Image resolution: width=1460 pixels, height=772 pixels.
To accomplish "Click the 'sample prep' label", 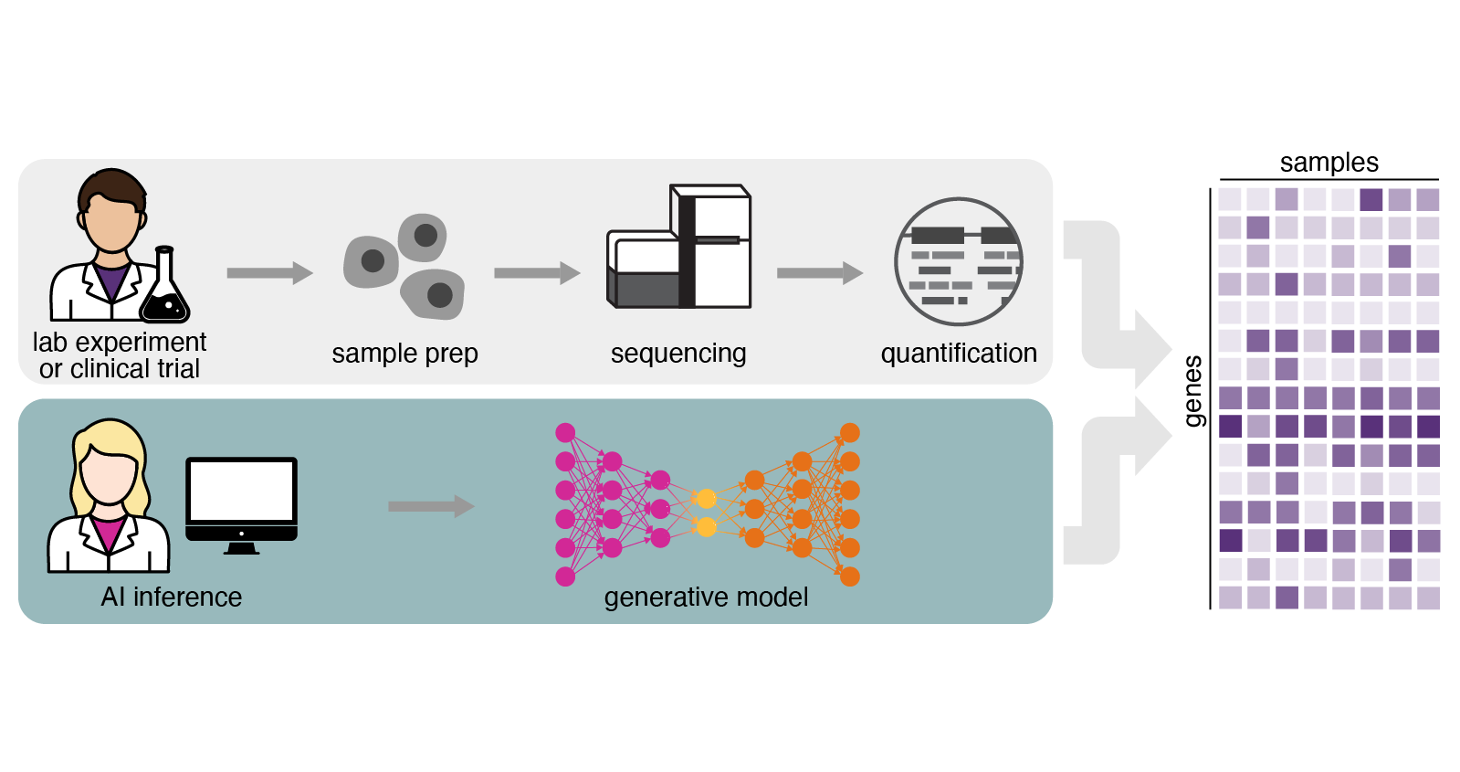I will tap(404, 354).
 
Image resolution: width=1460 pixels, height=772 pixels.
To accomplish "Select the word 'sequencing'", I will tap(678, 354).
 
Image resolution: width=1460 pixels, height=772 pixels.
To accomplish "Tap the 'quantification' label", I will tap(959, 354).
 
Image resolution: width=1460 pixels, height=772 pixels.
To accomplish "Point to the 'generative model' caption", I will tap(706, 598).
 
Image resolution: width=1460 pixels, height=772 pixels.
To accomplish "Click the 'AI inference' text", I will tap(172, 598).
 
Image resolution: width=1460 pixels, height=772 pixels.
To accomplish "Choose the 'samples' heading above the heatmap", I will tap(1329, 163).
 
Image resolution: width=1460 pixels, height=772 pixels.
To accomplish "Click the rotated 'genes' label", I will tap(1192, 392).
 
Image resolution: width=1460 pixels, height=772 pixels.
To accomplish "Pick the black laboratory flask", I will tap(164, 291).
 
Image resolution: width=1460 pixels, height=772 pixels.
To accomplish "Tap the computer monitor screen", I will tap(241, 492).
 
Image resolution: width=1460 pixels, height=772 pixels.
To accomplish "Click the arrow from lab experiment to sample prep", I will tap(269, 273).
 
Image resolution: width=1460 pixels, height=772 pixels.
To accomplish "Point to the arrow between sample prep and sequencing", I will tap(537, 273).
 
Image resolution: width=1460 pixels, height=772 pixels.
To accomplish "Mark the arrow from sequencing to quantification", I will tap(819, 273).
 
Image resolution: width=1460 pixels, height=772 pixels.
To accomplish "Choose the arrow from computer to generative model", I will tap(431, 506).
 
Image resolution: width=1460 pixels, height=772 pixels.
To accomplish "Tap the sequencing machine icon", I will tap(680, 249).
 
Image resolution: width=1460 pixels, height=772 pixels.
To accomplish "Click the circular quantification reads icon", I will tap(959, 262).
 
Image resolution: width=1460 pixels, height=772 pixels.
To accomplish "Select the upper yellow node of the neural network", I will tap(706, 498).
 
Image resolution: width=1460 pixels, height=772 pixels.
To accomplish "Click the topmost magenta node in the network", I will tap(565, 432).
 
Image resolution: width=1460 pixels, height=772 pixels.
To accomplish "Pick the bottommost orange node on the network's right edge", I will tap(849, 576).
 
